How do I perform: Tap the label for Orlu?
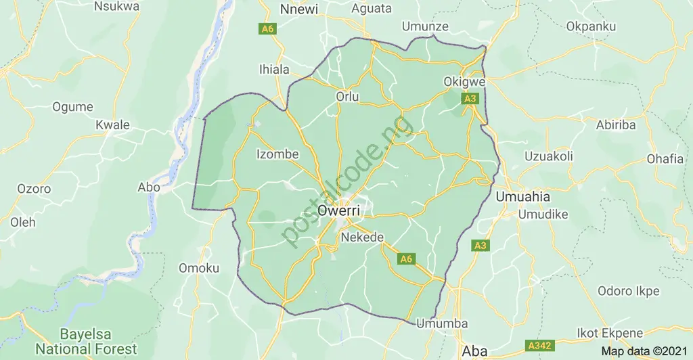point(347,97)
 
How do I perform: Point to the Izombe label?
point(277,154)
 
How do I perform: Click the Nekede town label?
point(363,238)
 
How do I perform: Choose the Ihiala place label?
point(274,69)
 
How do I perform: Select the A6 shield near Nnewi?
point(267,30)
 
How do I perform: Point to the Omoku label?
point(199,268)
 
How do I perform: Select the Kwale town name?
point(112,125)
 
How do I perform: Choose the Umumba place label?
point(442,323)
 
